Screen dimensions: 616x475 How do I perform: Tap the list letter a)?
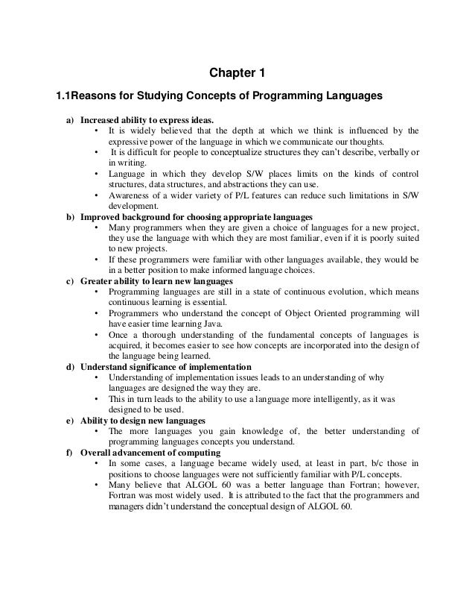pyautogui.click(x=70, y=119)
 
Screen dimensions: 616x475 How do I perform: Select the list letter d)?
pyautogui.click(x=70, y=367)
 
